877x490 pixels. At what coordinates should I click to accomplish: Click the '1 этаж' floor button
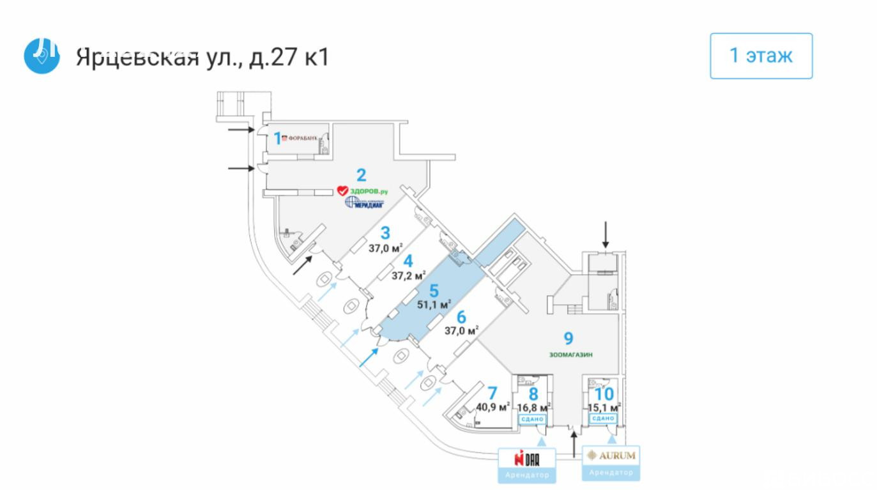(761, 56)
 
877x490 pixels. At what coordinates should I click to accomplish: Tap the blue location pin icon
(42, 56)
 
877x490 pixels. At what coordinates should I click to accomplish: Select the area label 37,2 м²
(408, 276)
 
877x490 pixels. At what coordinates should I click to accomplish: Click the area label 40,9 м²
(492, 406)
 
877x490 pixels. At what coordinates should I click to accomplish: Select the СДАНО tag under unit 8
(532, 419)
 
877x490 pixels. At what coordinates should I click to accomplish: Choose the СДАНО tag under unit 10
(603, 418)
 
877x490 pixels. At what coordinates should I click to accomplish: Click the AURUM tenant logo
(611, 456)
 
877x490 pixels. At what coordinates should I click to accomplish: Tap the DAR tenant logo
(528, 457)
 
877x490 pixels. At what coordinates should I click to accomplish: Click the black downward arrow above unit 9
(606, 236)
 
